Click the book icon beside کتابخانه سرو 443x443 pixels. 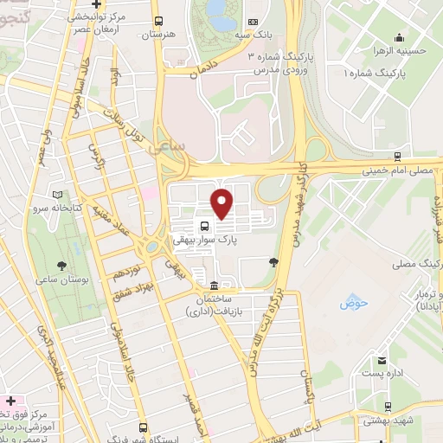tap(58, 196)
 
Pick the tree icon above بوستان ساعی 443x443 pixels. tap(60, 265)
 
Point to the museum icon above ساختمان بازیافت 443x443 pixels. tap(214, 286)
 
